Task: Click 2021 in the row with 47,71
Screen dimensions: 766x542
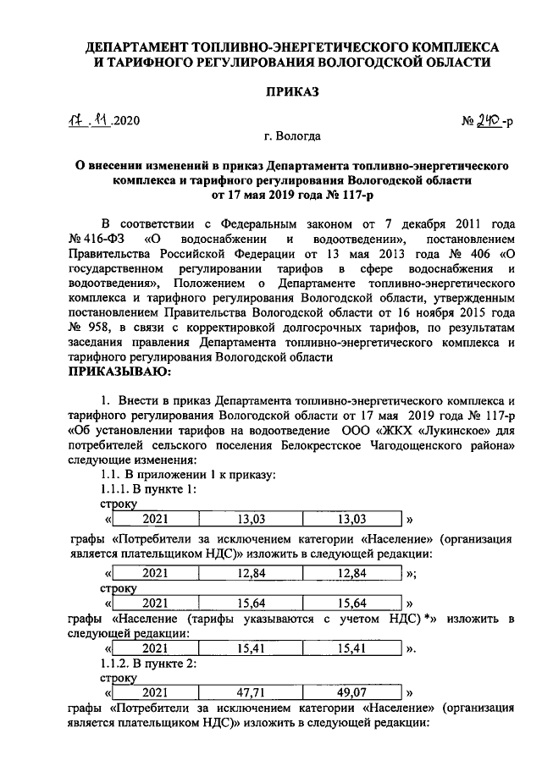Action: pos(155,691)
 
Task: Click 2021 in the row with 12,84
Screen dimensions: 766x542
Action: pos(155,573)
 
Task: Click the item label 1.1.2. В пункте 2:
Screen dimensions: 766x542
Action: pos(149,664)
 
